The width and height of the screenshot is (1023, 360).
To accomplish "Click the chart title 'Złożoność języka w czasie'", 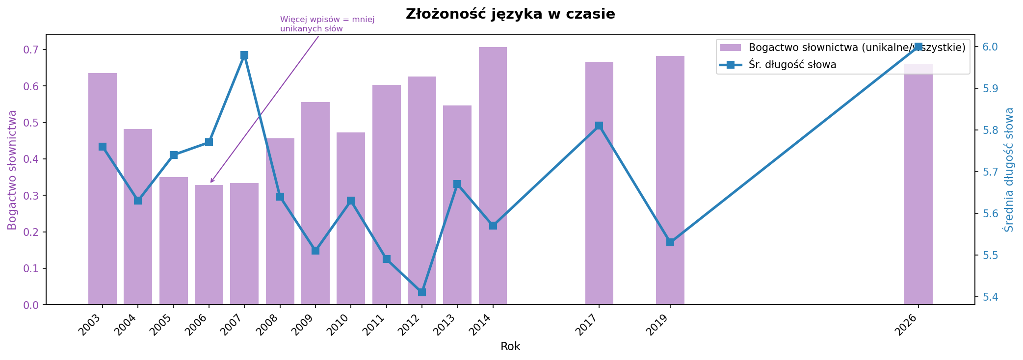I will (510, 14).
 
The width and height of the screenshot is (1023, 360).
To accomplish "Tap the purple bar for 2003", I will (103, 189).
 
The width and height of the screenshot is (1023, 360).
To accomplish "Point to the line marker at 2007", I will (244, 55).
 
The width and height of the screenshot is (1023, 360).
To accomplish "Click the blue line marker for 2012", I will (422, 292).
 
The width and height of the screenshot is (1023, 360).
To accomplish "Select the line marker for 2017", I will (599, 126).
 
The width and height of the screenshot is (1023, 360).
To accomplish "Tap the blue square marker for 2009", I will (315, 251).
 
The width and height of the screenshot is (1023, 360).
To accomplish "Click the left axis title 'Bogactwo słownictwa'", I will (13, 170).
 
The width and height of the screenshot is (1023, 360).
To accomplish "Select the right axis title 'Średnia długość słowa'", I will (1009, 170).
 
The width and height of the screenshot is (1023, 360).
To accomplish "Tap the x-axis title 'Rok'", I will (510, 347).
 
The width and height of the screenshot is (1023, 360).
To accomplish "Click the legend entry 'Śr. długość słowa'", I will (792, 65).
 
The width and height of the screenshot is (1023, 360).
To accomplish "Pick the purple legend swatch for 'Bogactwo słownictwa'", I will (731, 48).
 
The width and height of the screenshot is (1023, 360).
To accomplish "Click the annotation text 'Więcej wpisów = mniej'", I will (327, 20).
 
